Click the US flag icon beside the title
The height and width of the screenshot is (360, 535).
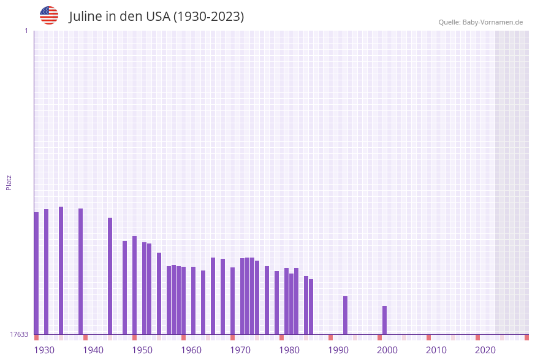click(49, 15)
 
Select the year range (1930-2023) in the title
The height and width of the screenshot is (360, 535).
click(209, 17)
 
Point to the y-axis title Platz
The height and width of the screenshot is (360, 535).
click(9, 182)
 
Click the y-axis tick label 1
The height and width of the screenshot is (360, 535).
click(26, 31)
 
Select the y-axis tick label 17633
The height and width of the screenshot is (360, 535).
click(18, 334)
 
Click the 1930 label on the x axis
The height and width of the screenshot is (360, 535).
click(44, 350)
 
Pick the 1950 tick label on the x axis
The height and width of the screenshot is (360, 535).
click(142, 350)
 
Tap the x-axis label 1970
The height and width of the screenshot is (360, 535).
click(240, 350)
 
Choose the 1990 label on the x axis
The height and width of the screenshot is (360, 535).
click(338, 350)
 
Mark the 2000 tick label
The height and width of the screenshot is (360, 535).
click(387, 350)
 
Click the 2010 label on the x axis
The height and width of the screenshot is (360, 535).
click(436, 350)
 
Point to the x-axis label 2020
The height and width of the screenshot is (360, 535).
click(485, 350)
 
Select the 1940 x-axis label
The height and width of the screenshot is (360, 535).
click(93, 350)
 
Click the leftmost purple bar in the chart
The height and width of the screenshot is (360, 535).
click(36, 273)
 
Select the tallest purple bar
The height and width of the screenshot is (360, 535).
click(61, 270)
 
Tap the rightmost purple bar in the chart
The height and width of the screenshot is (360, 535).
click(384, 320)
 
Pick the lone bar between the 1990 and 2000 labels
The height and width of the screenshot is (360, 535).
click(345, 315)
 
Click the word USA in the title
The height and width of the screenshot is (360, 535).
click(158, 17)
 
